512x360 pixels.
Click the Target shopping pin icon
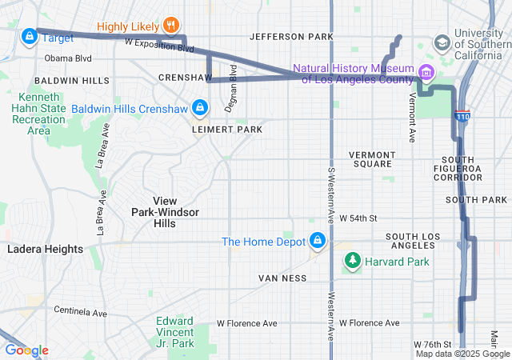(x=29, y=36)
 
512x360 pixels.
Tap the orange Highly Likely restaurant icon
(x=170, y=26)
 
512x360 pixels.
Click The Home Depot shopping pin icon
(x=318, y=241)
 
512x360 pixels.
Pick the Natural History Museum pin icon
(x=426, y=74)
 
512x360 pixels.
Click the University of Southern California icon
(x=441, y=42)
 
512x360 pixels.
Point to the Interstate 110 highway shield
(x=462, y=117)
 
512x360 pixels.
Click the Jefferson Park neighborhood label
(x=290, y=37)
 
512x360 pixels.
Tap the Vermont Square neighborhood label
(x=372, y=159)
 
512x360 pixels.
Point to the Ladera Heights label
(x=45, y=250)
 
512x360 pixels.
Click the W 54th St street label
(x=358, y=218)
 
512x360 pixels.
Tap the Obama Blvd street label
(x=68, y=58)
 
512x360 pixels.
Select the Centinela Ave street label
(x=80, y=310)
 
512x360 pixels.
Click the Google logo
(x=26, y=350)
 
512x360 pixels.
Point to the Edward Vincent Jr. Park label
(x=174, y=332)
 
